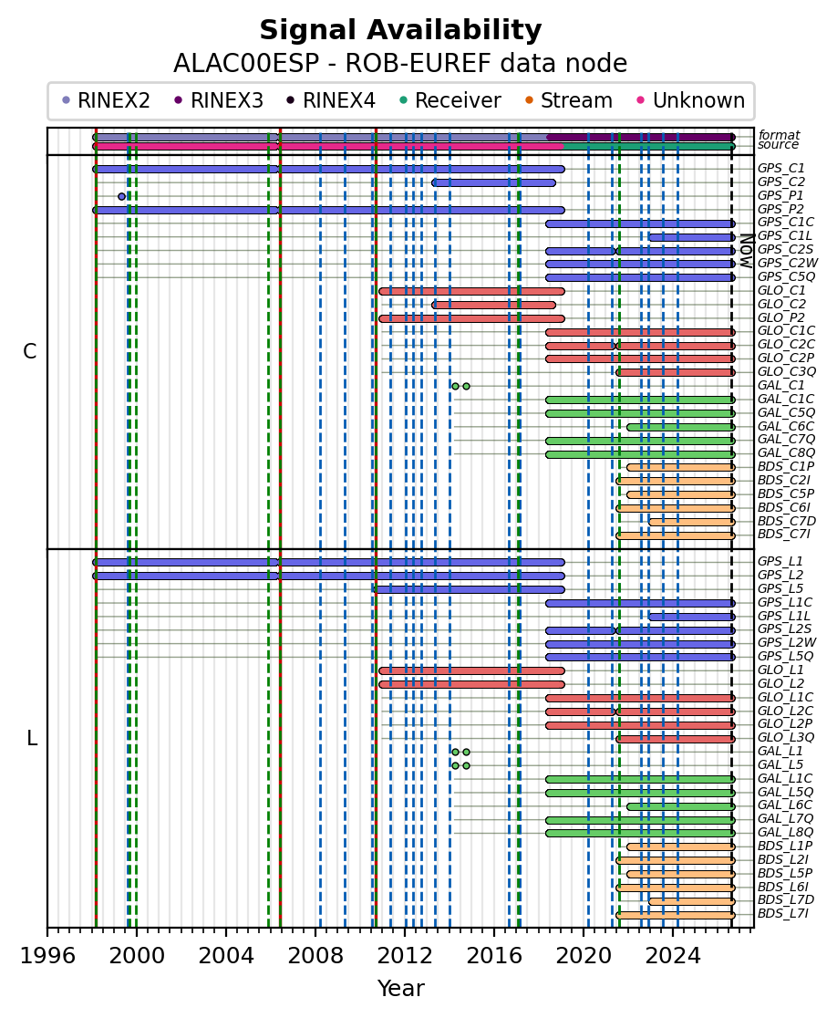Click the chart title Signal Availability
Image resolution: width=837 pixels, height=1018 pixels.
pos(400,30)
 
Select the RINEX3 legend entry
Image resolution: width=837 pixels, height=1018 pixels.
pos(219,100)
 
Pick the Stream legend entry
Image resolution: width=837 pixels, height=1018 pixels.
pos(568,100)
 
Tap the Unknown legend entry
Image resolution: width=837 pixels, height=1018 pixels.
pos(691,100)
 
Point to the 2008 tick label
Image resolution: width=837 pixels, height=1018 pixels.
pos(315,956)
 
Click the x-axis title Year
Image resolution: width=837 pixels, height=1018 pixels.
pos(401,988)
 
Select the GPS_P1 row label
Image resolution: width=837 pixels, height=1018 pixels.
pos(780,195)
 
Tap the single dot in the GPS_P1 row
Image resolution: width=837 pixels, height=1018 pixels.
pos(121,196)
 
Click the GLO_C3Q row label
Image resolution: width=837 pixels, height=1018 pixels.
pos(786,371)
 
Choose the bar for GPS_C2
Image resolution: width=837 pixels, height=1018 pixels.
pos(494,182)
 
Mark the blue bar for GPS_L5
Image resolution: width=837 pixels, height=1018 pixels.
pos(469,589)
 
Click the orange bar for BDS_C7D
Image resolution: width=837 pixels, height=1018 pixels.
pos(692,522)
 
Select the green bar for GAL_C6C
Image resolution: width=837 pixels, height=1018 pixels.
pos(680,427)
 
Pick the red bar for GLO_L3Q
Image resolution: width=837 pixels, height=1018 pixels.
pos(676,739)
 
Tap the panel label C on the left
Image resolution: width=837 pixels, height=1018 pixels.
pos(30,351)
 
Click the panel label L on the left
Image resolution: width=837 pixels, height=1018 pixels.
pos(31,738)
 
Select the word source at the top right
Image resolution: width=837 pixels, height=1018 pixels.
pos(778,144)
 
